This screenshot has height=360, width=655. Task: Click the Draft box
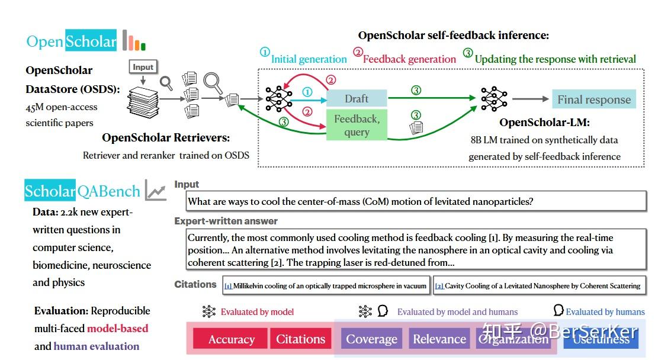tap(357, 98)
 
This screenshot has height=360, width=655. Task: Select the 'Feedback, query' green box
tap(357, 125)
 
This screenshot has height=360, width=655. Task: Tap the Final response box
tap(593, 99)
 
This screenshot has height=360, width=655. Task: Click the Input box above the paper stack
tap(143, 67)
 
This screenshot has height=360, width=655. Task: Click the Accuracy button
tap(231, 339)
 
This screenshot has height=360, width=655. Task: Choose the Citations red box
tap(300, 339)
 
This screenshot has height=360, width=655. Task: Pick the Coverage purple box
tap(371, 339)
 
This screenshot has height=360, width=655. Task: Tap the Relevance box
tap(439, 339)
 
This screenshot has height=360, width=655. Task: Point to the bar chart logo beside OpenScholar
tap(134, 41)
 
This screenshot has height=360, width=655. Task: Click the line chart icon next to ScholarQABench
tap(156, 191)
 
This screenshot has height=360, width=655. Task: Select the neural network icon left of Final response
tap(494, 99)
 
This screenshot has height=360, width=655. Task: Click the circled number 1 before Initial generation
tap(265, 52)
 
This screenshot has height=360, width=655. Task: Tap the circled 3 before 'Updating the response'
tap(468, 53)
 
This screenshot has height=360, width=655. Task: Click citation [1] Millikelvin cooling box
tap(326, 286)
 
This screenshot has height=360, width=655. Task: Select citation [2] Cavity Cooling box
tap(538, 286)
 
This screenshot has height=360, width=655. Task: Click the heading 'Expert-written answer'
tap(226, 221)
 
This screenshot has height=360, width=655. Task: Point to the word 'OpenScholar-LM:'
tap(544, 123)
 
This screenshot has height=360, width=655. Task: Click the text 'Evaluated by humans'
tap(605, 311)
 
